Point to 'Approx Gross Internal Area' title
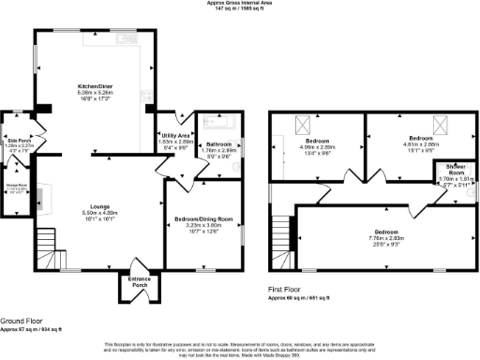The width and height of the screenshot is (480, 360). pos(240,4)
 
